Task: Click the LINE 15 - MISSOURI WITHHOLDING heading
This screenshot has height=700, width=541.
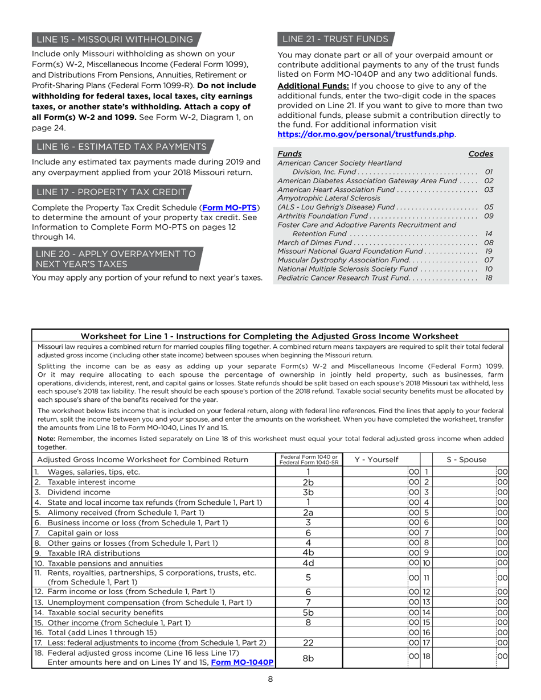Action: (114, 39)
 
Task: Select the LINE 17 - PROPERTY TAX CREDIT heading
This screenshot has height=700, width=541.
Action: (110, 192)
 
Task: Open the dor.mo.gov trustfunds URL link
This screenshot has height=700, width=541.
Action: (366, 134)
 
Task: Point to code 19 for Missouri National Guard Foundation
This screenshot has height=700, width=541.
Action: (488, 251)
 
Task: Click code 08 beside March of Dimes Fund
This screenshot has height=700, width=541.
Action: (488, 242)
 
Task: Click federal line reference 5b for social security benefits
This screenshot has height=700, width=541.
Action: (308, 612)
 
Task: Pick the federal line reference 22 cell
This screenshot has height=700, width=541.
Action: (308, 643)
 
